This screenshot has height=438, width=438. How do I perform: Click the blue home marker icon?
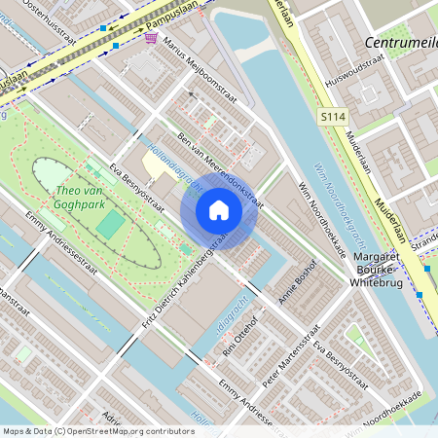coord(219,210)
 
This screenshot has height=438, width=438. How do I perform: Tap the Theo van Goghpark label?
coord(79,199)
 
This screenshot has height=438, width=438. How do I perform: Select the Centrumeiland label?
coord(399,43)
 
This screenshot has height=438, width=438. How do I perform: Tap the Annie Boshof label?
coord(298,283)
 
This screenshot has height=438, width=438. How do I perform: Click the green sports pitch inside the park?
coord(111,226)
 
